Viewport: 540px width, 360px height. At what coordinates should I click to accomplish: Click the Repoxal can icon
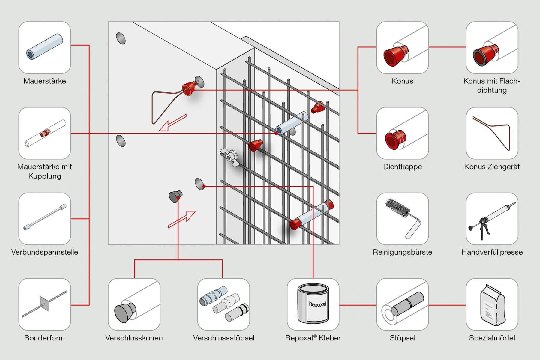tap(313, 304)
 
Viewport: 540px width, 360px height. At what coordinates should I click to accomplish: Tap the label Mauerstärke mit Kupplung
tap(45, 171)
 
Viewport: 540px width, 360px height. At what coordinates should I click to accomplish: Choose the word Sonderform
tap(45, 338)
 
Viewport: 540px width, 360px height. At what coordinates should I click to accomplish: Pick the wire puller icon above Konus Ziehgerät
tap(492, 132)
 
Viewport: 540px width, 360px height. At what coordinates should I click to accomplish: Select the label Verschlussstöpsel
tap(223, 338)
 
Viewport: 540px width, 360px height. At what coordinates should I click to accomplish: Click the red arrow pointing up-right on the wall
tap(182, 219)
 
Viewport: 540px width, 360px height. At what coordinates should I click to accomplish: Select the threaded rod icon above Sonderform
tap(45, 304)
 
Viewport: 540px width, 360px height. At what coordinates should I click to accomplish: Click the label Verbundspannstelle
tap(45, 252)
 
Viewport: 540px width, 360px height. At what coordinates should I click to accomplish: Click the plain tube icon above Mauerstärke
tap(45, 47)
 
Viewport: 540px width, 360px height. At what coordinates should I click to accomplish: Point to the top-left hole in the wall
tap(121, 38)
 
